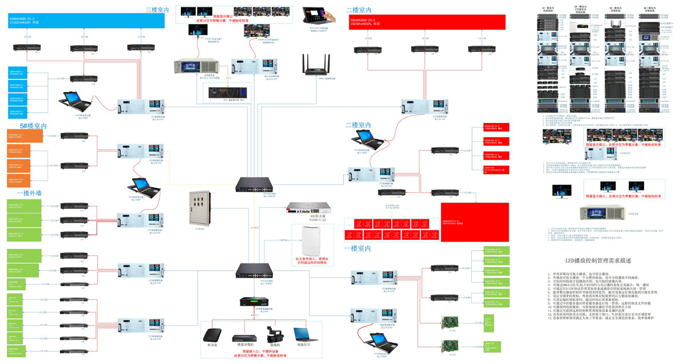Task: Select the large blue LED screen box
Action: [86, 21]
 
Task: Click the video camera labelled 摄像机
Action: [272, 334]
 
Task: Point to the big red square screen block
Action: [467, 220]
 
